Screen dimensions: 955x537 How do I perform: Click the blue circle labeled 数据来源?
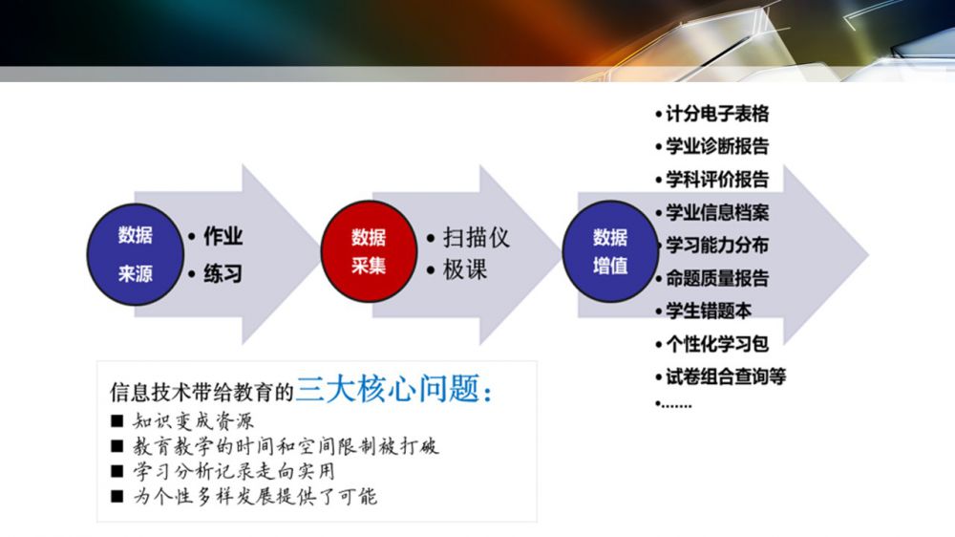136,254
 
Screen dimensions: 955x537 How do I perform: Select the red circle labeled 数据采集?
369,251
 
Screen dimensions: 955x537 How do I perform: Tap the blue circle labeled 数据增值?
610,251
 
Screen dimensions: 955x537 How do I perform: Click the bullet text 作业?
223,236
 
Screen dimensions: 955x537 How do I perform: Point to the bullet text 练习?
223,273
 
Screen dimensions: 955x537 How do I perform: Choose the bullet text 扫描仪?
476,237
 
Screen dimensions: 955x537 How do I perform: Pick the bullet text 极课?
465,269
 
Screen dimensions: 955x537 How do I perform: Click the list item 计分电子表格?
717,114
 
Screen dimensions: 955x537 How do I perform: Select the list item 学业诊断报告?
717,146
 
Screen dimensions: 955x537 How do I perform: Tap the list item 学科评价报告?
717,180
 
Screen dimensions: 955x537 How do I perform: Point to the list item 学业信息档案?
717,212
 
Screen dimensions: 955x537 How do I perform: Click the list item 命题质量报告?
717,278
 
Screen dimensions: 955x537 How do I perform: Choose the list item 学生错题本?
709,311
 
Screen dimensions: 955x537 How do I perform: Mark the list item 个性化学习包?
717,344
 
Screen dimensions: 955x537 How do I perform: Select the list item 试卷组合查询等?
726,376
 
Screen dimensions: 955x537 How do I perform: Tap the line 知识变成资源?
193,421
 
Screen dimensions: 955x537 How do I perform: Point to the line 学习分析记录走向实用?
234,471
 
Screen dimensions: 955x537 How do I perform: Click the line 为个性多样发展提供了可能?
255,496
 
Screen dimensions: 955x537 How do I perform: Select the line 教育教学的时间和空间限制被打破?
286,446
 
